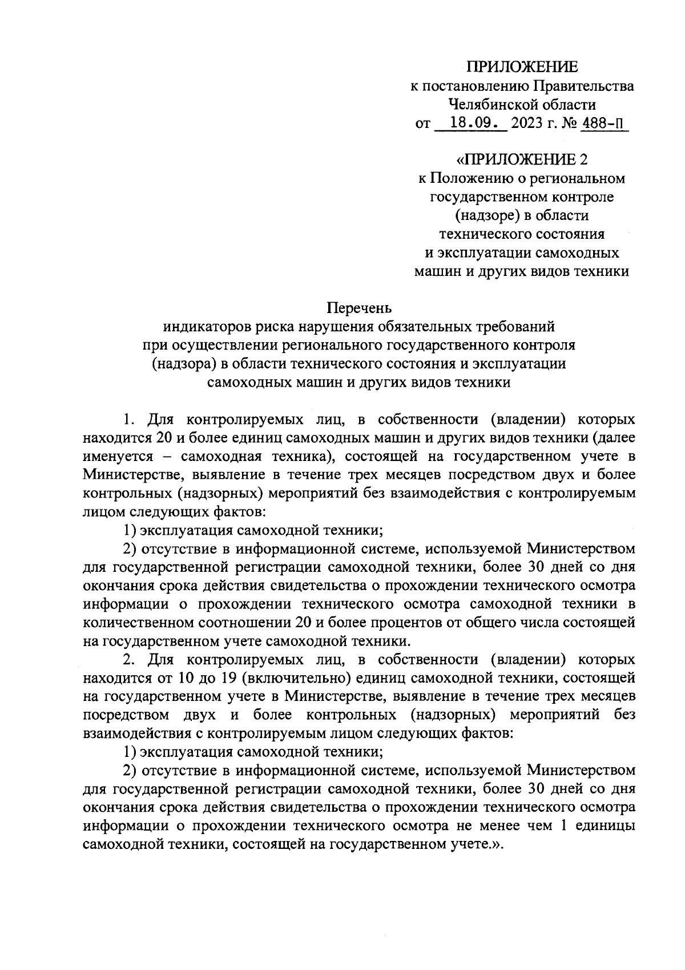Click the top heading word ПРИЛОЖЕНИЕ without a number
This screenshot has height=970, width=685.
(522, 67)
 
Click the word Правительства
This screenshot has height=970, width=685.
(583, 86)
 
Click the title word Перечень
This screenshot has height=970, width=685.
(359, 308)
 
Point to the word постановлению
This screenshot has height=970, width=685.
(475, 86)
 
